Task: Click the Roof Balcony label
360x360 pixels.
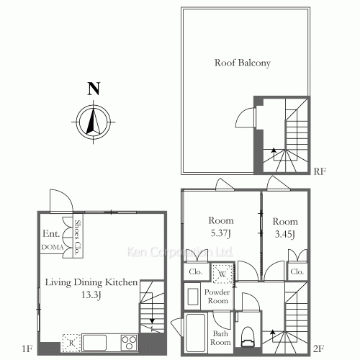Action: coord(243,63)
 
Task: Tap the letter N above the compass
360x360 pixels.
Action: coord(94,89)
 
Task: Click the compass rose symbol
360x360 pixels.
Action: coord(94,122)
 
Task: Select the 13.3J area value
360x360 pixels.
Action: coord(91,294)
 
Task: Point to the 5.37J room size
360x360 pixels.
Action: coord(221,233)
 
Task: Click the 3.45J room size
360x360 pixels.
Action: coord(285,234)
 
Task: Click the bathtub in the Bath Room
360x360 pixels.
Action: coord(196,333)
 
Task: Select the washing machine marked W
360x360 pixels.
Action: coord(222,274)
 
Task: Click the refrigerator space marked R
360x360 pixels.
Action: coord(71,343)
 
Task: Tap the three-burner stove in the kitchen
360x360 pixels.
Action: coord(129,343)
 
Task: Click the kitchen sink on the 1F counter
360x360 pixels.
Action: coord(94,343)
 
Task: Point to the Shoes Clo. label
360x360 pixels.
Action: coord(77,238)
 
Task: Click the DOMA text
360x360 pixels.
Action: coord(53,247)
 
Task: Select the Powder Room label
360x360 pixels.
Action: coord(217,297)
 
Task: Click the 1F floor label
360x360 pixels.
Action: coord(27,348)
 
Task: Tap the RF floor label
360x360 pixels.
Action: coord(320,171)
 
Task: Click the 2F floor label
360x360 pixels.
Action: coord(318,348)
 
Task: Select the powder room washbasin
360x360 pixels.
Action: coord(193,297)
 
